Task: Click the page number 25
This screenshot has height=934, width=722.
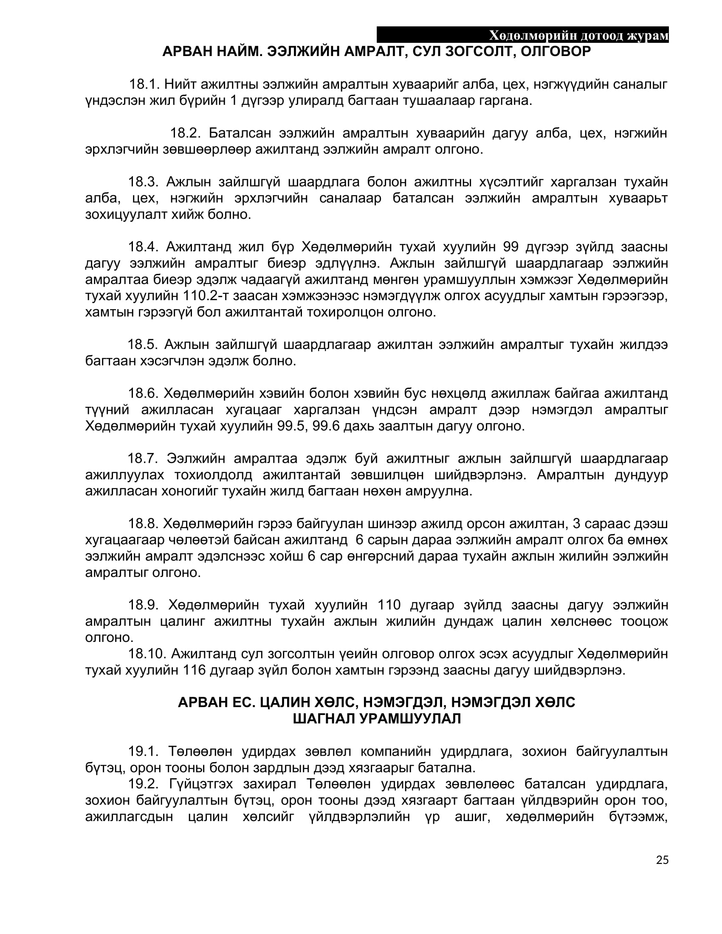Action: (662, 860)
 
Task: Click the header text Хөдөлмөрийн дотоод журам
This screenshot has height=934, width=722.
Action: (578, 36)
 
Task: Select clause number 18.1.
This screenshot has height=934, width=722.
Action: (144, 84)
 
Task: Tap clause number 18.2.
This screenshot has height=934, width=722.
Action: (185, 133)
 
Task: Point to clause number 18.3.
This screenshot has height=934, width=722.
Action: (143, 182)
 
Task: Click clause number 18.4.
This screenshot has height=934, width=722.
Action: (143, 247)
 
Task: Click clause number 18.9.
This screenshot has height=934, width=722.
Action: (143, 605)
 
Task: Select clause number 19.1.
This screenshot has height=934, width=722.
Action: (143, 751)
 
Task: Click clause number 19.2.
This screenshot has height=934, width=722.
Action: (143, 784)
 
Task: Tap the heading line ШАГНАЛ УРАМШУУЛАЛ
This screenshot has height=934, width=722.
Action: (377, 719)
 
